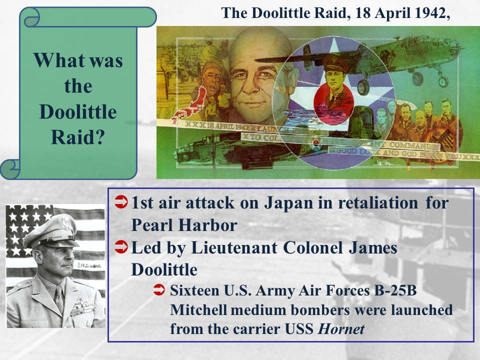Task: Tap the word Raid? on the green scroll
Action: (x=77, y=137)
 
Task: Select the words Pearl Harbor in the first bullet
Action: (x=183, y=225)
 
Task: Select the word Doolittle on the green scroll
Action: (x=77, y=112)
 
